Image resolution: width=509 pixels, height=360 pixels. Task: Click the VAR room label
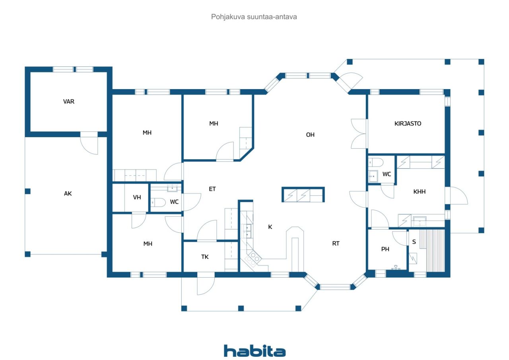(x=69, y=101)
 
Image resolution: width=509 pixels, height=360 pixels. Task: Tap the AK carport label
(x=68, y=193)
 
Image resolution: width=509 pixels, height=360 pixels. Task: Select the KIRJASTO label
(x=408, y=123)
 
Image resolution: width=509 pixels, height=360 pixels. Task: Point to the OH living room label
(x=310, y=135)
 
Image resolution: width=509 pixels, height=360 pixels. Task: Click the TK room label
(x=205, y=257)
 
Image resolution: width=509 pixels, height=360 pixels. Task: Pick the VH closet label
(x=137, y=197)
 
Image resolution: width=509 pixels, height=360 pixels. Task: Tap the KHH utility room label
(x=419, y=192)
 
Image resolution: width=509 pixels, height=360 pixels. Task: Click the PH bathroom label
(x=385, y=249)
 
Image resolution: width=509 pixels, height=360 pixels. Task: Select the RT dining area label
(x=336, y=243)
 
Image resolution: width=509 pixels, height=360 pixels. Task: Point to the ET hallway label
(x=212, y=189)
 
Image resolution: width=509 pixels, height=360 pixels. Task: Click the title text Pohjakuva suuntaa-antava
(x=254, y=17)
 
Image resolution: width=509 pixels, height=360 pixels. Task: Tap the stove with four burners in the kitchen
(x=253, y=258)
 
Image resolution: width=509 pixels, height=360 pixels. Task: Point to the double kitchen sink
(x=247, y=231)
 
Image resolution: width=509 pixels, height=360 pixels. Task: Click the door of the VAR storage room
(x=89, y=144)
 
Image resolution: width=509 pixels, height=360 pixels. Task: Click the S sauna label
(x=414, y=242)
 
